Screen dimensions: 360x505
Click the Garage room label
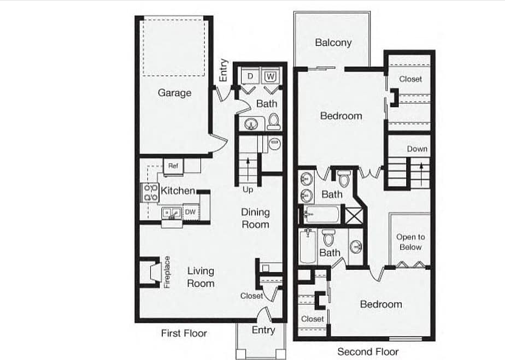pos(174,93)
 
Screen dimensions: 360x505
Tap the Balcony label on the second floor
pos(333,43)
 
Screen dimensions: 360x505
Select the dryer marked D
pos(250,76)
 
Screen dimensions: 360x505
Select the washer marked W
pos(270,76)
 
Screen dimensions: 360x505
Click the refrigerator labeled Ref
pos(173,166)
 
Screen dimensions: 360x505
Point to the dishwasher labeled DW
pos(190,212)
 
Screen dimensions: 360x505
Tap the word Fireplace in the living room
pos(167,272)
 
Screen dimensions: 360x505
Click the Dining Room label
pos(255,218)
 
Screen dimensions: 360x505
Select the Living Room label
pos(201,277)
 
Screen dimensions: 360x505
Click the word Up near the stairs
pos(248,190)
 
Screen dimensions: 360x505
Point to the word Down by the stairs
pos(417,149)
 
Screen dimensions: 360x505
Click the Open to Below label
pos(410,242)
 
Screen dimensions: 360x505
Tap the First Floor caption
pos(184,333)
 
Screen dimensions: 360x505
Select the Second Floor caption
pos(368,351)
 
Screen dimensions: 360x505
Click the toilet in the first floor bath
pos(274,122)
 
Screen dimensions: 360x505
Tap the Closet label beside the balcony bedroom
pos(410,79)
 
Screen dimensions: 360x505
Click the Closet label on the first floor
pos(251,296)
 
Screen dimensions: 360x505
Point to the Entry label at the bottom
pos(263,330)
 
